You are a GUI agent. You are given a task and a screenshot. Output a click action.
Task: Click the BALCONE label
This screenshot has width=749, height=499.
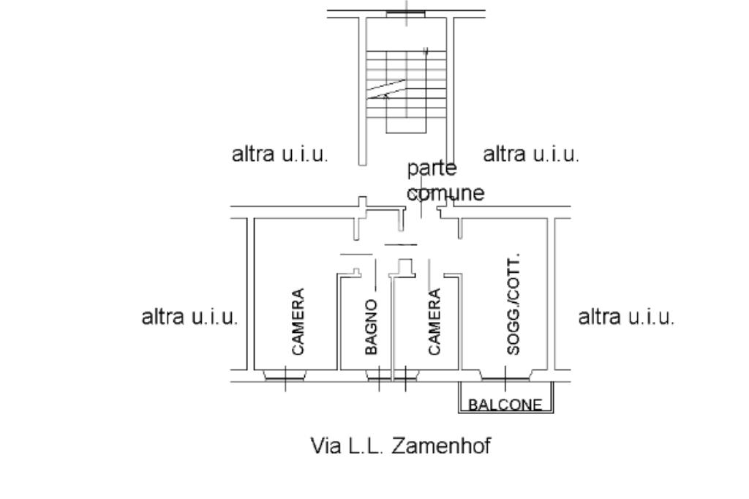click(505, 405)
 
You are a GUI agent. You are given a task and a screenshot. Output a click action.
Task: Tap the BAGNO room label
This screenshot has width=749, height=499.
click(372, 327)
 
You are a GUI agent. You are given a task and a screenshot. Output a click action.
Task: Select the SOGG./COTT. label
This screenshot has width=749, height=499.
click(513, 305)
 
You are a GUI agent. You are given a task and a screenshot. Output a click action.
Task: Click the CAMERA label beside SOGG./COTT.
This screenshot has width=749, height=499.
click(434, 323)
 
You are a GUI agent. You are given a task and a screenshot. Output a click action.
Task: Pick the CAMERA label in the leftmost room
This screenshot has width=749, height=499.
click(298, 322)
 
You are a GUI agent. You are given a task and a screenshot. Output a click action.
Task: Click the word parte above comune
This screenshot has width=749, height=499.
click(432, 169)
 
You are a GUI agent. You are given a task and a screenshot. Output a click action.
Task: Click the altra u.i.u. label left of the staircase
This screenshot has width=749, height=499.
click(280, 155)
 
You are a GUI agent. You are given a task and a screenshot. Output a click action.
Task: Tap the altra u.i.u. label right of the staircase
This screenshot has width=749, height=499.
click(531, 155)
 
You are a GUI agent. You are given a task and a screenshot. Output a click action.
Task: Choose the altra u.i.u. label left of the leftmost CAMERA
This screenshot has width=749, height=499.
click(189, 318)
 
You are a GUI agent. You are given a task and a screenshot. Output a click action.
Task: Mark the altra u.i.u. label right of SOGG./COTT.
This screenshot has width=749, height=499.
click(626, 318)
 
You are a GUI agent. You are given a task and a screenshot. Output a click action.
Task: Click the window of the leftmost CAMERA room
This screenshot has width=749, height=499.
click(285, 376)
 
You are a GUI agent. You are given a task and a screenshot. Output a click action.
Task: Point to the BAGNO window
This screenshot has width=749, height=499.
click(379, 376)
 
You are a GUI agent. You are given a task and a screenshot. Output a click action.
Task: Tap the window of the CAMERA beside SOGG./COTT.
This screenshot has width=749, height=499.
click(405, 376)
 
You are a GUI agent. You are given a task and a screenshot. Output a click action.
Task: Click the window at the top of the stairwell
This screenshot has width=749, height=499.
click(407, 12)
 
